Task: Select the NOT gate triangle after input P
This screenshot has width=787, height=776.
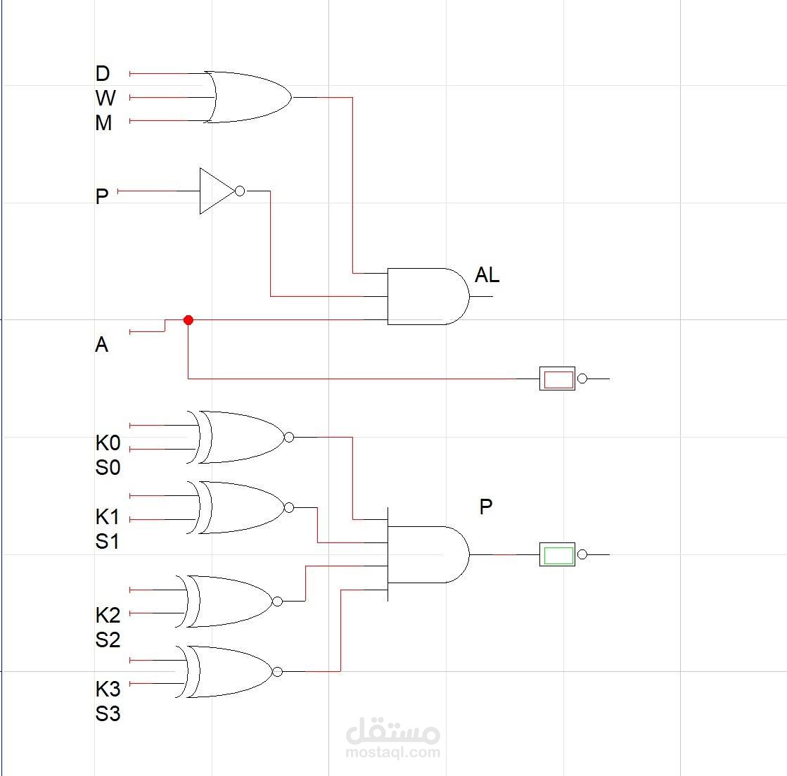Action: point(216,191)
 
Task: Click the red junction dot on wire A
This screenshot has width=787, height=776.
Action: point(188,320)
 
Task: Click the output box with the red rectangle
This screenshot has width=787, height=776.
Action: point(558,379)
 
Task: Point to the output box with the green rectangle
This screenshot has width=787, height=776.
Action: point(558,554)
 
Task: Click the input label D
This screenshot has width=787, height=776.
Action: point(103,74)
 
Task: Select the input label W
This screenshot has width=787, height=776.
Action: point(105,98)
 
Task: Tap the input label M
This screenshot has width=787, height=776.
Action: point(103,123)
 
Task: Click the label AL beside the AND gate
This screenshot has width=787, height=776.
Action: point(487,275)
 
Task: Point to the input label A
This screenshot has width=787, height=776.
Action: point(102,345)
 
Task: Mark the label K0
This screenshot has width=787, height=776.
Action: point(108,443)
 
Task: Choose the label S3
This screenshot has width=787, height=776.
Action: point(108,714)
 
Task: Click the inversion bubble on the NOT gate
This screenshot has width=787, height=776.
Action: point(240,191)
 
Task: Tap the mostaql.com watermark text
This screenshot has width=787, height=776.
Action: point(393,751)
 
